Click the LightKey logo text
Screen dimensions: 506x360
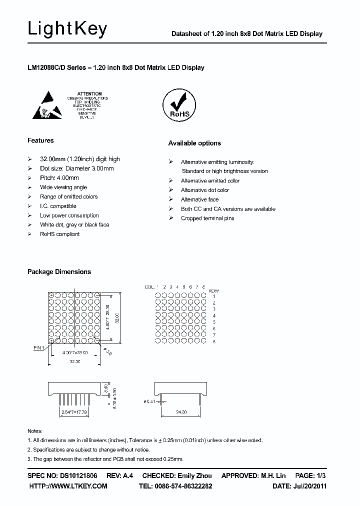pyautogui.click(x=67, y=29)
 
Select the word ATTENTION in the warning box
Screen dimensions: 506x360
pyautogui.click(x=90, y=93)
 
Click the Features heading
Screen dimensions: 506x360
pyautogui.click(x=40, y=140)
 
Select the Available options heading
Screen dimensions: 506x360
pyautogui.click(x=194, y=143)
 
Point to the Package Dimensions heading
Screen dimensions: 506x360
pyautogui.click(x=59, y=272)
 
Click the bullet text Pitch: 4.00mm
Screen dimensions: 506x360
pyautogui.click(x=59, y=178)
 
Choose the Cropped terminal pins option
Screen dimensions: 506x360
pyautogui.click(x=207, y=218)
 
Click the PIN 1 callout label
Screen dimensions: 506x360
pyautogui.click(x=39, y=347)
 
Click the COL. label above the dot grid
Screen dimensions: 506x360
pyautogui.click(x=149, y=287)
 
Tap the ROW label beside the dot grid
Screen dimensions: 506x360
pyautogui.click(x=213, y=290)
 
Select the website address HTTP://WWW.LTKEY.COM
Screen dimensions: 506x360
pyautogui.click(x=68, y=486)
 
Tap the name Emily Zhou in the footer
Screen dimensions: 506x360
pyautogui.click(x=195, y=475)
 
